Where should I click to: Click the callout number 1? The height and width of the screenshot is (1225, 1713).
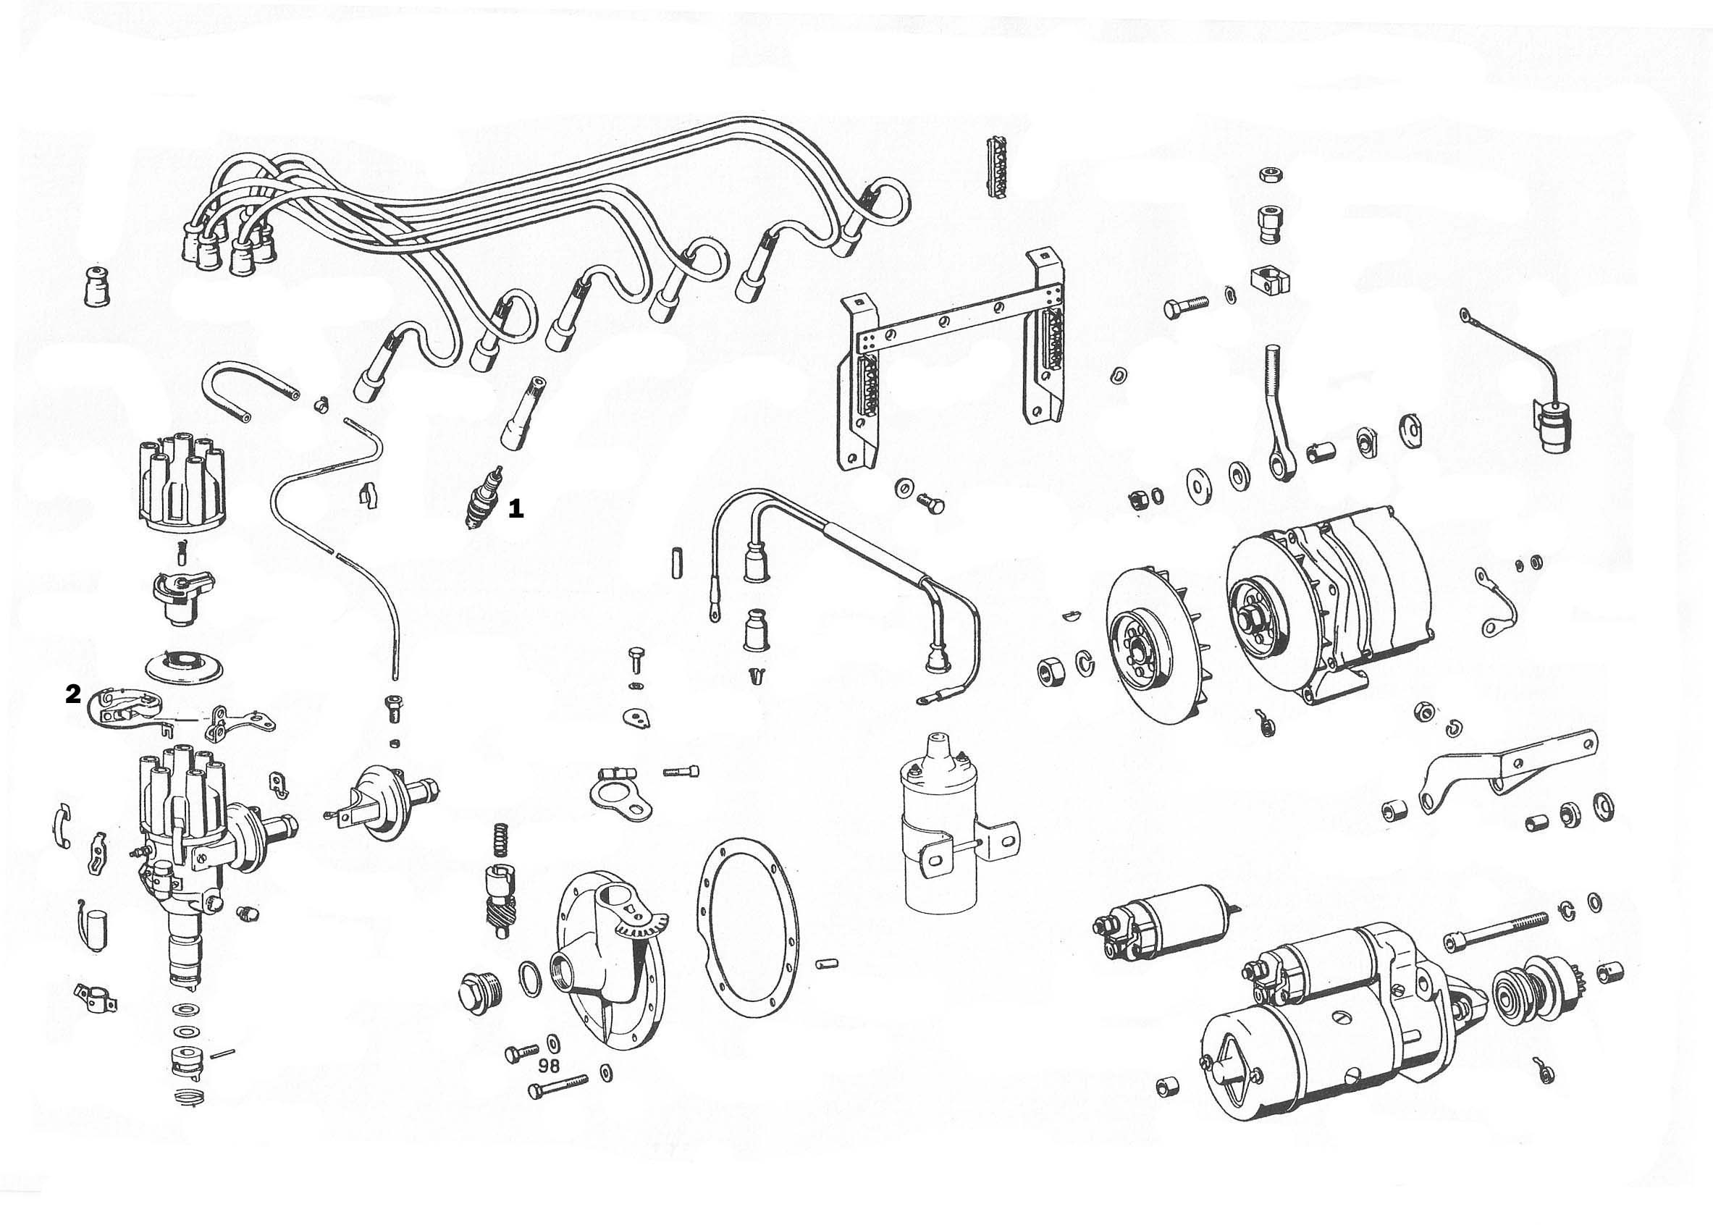point(516,509)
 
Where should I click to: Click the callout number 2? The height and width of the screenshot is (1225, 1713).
point(73,694)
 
